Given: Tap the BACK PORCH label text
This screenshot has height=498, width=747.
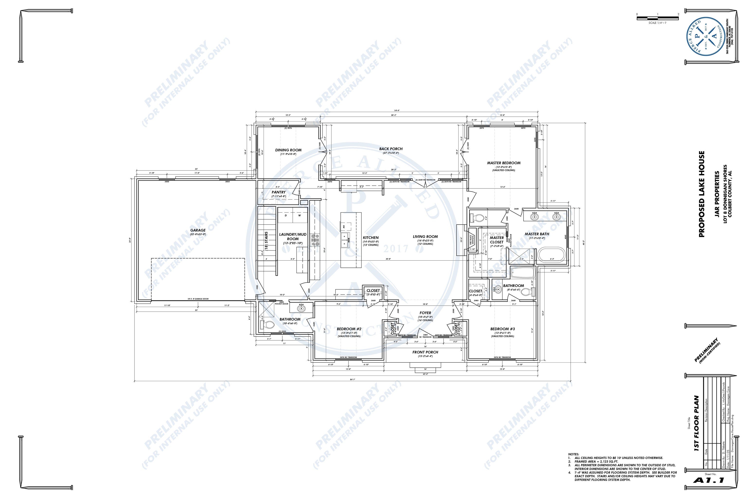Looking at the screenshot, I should [x=391, y=149].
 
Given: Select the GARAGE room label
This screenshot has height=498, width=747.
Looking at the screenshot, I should [x=198, y=230].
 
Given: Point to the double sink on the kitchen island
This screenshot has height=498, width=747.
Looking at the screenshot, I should [x=344, y=240].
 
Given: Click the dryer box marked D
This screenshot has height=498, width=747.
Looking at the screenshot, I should [x=285, y=215].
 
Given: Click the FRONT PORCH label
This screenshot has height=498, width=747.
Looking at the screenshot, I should [x=425, y=352].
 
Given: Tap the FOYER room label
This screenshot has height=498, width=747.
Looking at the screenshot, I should [x=425, y=313].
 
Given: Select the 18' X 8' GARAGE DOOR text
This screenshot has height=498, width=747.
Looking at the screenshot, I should [x=198, y=299].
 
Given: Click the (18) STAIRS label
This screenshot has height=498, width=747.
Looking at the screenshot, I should [x=266, y=242].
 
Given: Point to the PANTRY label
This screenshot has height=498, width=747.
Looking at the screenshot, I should [x=278, y=192].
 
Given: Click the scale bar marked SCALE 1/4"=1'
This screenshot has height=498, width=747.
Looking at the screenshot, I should [x=658, y=19].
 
